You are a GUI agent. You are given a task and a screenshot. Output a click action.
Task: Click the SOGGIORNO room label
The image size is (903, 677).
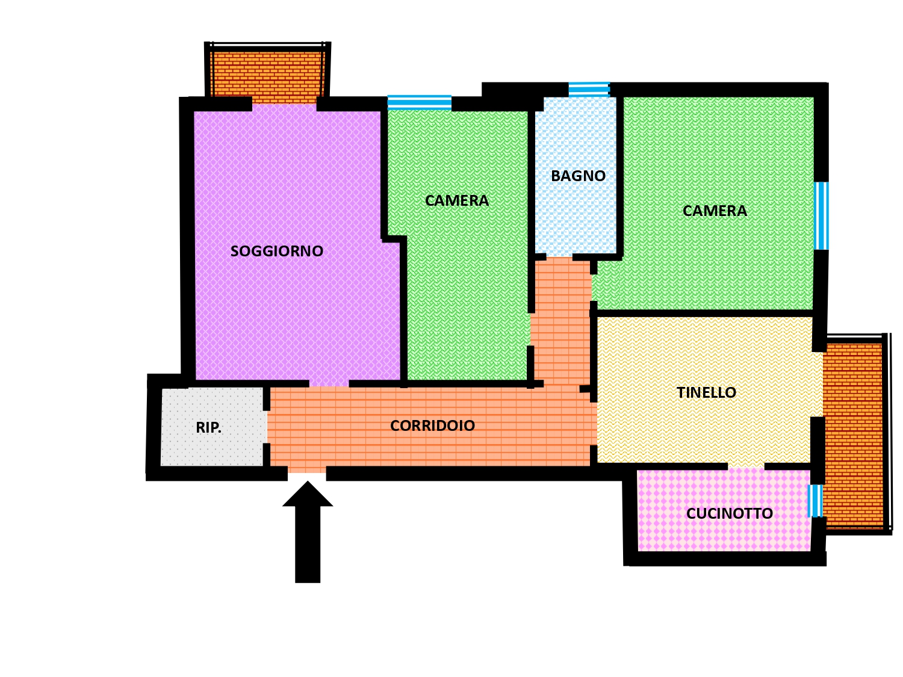click(x=276, y=251)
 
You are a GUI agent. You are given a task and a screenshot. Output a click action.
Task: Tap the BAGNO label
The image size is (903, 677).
click(x=578, y=176)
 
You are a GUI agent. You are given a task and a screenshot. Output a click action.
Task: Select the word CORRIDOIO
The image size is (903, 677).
click(x=432, y=425)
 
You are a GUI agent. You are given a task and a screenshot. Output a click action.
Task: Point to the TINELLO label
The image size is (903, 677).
click(x=706, y=392)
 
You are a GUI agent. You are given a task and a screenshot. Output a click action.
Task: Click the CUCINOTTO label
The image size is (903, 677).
click(x=730, y=513)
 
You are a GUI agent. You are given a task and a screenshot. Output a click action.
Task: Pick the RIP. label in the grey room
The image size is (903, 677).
click(x=208, y=427)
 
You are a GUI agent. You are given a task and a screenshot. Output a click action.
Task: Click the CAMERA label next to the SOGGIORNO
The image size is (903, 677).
click(x=457, y=200)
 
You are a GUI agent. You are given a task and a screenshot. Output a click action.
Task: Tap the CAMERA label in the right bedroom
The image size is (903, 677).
click(x=715, y=211)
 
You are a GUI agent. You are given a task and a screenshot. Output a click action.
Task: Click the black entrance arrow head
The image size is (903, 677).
click(x=307, y=494)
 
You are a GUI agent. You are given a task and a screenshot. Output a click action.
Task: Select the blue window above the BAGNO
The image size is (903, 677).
click(x=589, y=90)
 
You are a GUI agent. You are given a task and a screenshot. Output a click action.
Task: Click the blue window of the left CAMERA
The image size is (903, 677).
click(x=419, y=103)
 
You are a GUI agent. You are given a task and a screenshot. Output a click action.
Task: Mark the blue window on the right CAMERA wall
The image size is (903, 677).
click(x=822, y=216)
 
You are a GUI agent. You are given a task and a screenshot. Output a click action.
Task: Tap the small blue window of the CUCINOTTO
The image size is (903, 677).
click(x=815, y=501)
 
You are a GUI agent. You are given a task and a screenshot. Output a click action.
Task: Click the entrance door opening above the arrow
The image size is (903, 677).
click(x=307, y=473)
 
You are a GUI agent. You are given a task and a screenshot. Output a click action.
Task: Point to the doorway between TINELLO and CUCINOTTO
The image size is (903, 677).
click(x=746, y=466)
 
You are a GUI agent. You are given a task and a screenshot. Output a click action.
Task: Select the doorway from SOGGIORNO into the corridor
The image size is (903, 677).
click(x=329, y=383)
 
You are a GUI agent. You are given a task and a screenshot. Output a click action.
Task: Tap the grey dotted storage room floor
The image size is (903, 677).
click(x=213, y=427)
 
